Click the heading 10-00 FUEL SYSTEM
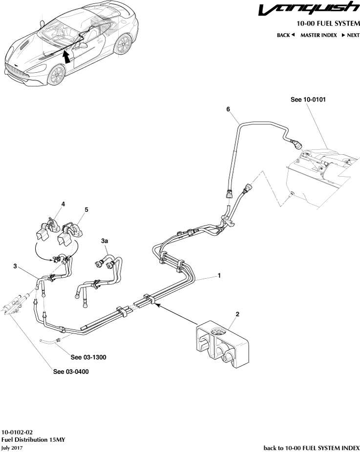point(328,23)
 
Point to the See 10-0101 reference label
point(308,99)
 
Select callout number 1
point(219,276)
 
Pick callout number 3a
point(105,241)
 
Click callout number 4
point(63,204)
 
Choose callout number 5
point(86,209)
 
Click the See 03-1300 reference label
point(88,357)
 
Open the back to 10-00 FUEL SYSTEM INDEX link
point(311,448)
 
